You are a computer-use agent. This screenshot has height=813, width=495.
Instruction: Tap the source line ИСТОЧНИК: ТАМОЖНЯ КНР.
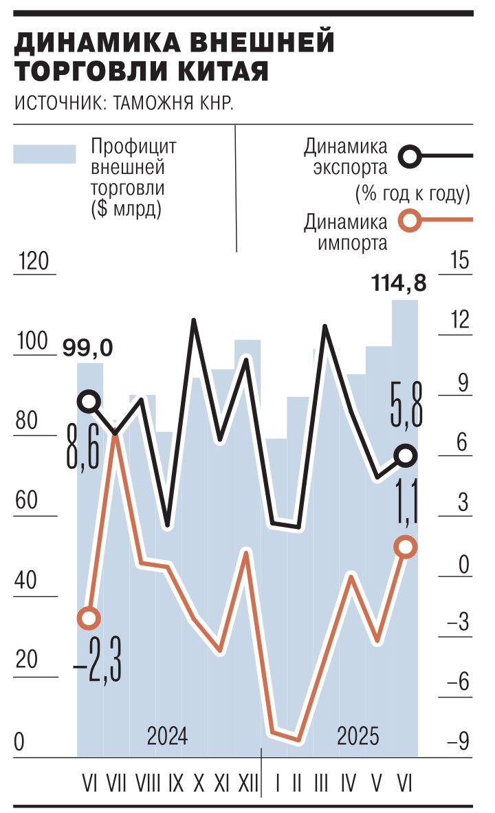coord(124,104)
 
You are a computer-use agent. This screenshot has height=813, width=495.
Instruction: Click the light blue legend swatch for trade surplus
coord(45,154)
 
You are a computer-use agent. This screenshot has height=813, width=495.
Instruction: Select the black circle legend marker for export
coord(410,156)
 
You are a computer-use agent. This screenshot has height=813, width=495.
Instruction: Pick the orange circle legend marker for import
coord(410,221)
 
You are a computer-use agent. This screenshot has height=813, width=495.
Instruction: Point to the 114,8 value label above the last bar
coord(399,283)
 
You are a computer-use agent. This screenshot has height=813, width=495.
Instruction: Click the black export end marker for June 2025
coord(406,455)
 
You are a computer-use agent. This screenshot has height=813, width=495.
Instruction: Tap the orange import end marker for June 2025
coord(406,547)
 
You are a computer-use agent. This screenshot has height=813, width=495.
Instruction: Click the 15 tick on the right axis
coord(458,261)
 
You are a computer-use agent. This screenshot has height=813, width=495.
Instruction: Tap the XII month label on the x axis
coord(247,783)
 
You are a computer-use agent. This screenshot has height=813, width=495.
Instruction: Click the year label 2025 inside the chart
coord(358,737)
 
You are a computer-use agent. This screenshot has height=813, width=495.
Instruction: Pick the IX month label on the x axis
coord(176,783)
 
